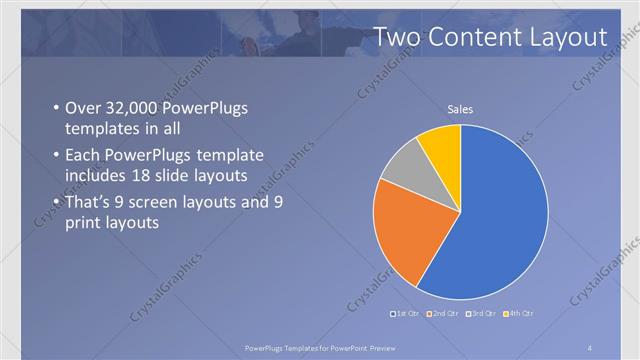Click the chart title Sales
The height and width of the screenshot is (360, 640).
[460, 109]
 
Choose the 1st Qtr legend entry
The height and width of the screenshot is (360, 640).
[407, 315]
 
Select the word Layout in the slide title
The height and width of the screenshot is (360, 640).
[569, 37]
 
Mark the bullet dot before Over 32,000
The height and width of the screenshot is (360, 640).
[54, 109]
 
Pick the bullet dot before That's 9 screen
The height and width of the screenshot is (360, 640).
[54, 202]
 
